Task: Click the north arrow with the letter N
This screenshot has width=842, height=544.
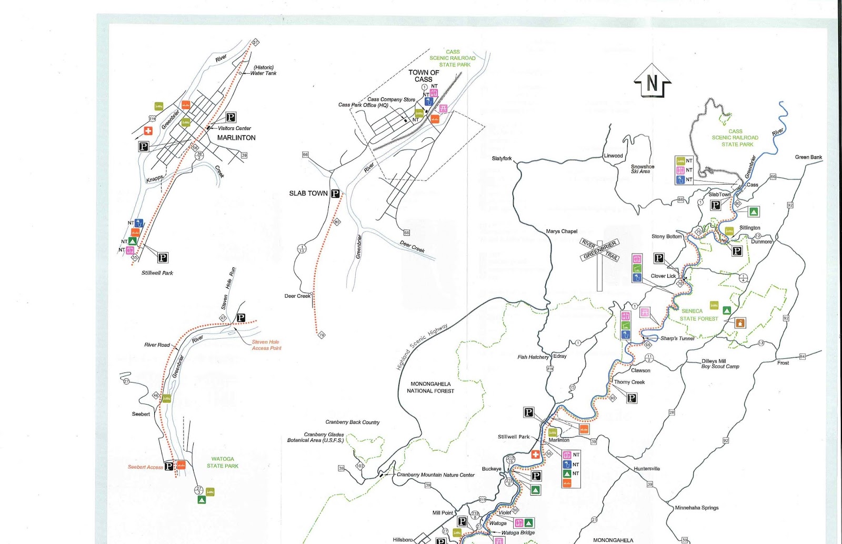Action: coord(653,82)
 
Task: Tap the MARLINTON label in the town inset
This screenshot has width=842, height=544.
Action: coord(236,138)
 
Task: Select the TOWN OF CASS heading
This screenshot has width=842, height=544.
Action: coord(424,76)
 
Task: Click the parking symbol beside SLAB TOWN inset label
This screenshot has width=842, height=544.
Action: coord(335,194)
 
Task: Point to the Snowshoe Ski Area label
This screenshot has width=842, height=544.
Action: coord(642,169)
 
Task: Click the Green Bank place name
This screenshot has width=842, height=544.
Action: coord(808,157)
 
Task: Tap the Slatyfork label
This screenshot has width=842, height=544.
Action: coord(502,158)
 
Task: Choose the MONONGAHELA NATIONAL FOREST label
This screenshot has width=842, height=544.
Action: coord(430,388)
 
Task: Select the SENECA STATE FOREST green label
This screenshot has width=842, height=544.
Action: coord(698,315)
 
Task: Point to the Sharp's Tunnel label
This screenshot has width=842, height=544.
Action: coord(677,338)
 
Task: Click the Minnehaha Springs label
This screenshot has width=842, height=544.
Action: coord(697,508)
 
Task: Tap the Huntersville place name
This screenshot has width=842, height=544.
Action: coord(647,469)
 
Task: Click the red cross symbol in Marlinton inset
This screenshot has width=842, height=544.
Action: coord(148,130)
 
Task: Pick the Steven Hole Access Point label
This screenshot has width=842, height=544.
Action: coord(266,345)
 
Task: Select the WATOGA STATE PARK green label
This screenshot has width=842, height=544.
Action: coord(223,462)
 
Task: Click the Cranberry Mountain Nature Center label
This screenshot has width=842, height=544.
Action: coord(436,475)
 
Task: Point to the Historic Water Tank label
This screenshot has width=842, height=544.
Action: coord(263,70)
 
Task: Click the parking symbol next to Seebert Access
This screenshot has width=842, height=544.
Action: coord(169,466)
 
